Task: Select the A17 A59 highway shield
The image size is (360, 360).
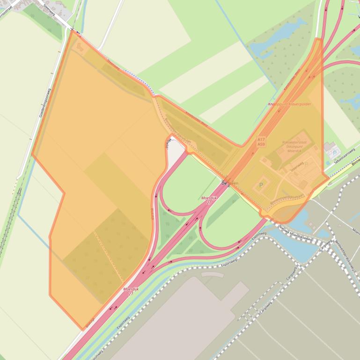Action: pyautogui.click(x=261, y=142)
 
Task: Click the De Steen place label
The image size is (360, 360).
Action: pyautogui.click(x=229, y=184)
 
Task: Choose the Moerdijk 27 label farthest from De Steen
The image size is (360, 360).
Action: pyautogui.click(x=129, y=291)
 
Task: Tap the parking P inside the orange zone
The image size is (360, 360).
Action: pyautogui.click(x=261, y=185)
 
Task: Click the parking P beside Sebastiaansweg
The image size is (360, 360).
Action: pyautogui.click(x=334, y=152)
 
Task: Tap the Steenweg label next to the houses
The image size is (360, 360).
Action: pyautogui.click(x=48, y=8)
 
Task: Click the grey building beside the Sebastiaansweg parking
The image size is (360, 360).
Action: pyautogui.click(x=329, y=146)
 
